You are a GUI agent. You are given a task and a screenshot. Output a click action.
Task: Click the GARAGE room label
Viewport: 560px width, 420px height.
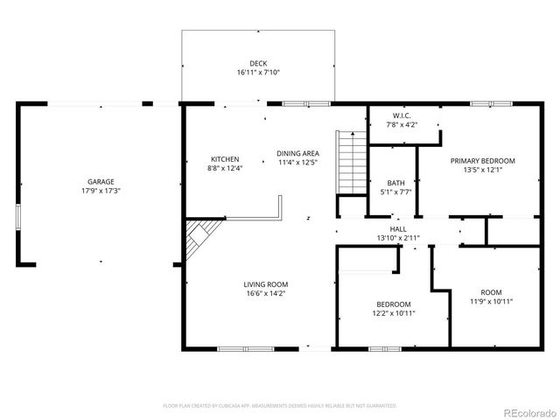(100, 181)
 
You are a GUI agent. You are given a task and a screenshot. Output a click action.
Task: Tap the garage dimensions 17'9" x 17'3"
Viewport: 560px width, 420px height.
(100, 190)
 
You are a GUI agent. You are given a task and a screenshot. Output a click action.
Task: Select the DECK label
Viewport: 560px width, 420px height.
(258, 63)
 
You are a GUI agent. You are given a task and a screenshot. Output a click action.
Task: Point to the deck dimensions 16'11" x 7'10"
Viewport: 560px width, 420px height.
(258, 72)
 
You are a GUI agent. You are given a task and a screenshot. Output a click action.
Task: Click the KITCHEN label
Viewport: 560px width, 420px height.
(224, 159)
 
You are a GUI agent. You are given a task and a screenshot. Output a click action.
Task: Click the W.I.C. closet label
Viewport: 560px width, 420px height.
(402, 115)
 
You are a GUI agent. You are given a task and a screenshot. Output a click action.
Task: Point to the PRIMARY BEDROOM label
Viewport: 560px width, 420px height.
(482, 161)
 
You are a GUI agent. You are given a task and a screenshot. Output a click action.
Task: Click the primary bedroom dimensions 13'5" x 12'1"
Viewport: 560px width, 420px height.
(482, 170)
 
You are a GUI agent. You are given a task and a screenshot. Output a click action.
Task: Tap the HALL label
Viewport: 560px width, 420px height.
(399, 229)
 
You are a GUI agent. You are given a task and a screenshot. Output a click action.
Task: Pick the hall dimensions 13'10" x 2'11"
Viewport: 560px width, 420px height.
(399, 238)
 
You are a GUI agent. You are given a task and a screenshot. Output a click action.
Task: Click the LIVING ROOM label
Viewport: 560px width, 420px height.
(265, 284)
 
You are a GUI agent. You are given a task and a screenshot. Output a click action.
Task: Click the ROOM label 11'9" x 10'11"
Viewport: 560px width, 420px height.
(491, 292)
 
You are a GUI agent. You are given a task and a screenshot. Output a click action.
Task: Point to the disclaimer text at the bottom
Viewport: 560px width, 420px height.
(280, 406)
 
